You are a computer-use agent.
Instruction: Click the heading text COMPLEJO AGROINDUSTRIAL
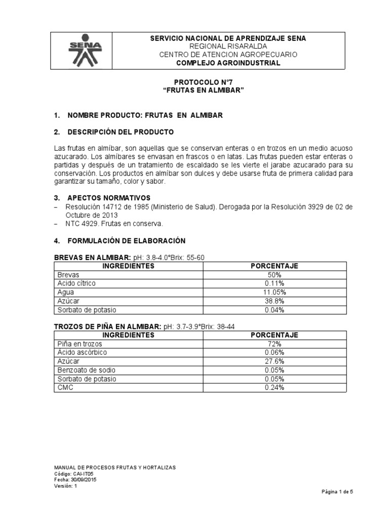tap(227, 63)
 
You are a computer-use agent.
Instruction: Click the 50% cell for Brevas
tap(275, 274)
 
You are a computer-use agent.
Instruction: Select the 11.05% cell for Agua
tap(275, 292)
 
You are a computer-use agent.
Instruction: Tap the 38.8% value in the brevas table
tap(275, 301)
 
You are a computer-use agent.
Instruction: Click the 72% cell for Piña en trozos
tap(275, 343)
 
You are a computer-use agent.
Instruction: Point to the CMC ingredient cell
tap(66, 387)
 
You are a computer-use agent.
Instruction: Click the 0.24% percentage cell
tap(275, 387)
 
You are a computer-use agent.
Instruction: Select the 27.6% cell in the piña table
tap(275, 361)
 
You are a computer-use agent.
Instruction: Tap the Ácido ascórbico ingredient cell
tap(82, 352)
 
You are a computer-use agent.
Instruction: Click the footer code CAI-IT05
tap(81, 473)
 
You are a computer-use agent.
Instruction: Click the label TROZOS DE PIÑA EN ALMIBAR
tap(107, 326)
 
